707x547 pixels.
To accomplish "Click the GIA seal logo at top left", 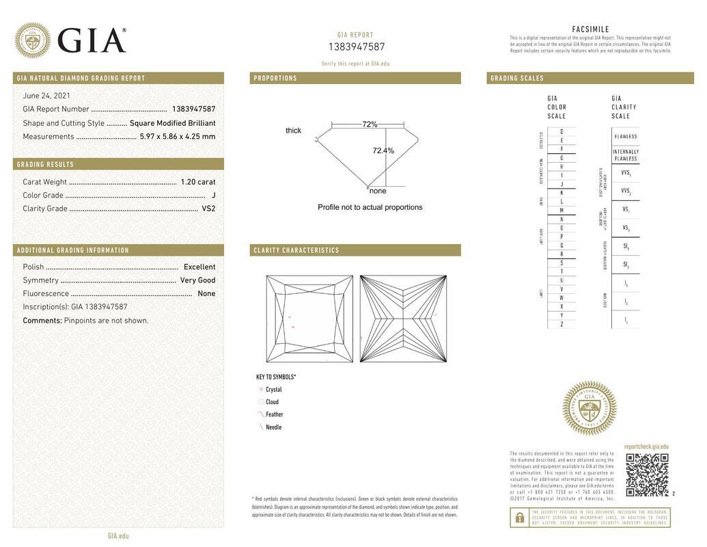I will coord(32,40).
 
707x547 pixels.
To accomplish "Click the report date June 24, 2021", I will coord(46,96).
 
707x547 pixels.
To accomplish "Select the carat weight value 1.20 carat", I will coord(197,182).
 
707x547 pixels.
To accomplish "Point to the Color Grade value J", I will coord(213,196).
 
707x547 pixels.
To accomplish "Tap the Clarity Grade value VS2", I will coord(208,209).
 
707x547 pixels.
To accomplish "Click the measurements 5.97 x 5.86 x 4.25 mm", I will coord(177,137).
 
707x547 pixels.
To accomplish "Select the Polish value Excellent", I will coord(199,267).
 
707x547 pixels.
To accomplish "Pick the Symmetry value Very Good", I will coord(197,280).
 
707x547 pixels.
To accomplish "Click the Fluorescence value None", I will coord(206,294).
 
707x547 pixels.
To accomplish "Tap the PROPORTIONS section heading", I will coord(275,79).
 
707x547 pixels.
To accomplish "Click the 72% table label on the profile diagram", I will coord(370,124).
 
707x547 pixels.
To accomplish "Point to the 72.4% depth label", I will coord(383,150).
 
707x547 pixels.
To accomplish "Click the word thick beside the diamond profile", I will coord(293,131).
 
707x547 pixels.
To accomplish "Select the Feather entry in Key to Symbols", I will coord(274,415).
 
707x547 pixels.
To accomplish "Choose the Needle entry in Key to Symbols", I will coord(273,427).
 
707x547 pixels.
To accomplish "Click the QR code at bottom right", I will coord(647,475).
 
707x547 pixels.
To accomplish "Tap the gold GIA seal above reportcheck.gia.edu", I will coord(589,408).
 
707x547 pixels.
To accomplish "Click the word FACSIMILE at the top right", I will coord(590,29).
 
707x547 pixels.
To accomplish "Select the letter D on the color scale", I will coord(562,131).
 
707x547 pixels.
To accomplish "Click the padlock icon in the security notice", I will coord(519,518).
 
